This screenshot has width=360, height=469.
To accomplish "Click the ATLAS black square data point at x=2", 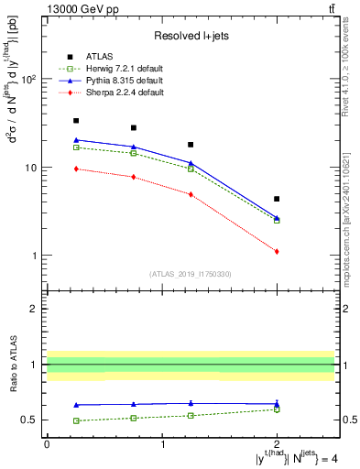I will pyautogui.click(x=277, y=199).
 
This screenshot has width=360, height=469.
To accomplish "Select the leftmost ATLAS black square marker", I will pyautogui.click(x=76, y=121).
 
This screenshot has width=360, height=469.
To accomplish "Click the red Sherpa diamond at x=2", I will pyautogui.click(x=277, y=251).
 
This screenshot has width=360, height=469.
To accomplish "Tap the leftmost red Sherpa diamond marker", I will pyautogui.click(x=76, y=169).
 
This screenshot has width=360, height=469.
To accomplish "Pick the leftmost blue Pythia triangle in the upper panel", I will pyautogui.click(x=76, y=140).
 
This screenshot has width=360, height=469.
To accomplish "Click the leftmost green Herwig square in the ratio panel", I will pyautogui.click(x=76, y=420).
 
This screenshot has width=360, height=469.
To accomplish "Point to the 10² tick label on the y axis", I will pyautogui.click(x=27, y=80).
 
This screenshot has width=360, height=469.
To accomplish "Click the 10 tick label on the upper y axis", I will pyautogui.click(x=30, y=168).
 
